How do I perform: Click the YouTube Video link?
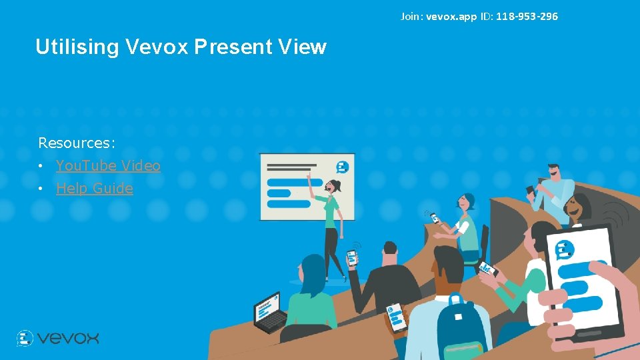pyautogui.click(x=108, y=165)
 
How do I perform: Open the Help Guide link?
pyautogui.click(x=94, y=188)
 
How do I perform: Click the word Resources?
pyautogui.click(x=75, y=143)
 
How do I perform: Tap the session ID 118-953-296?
pyautogui.click(x=527, y=16)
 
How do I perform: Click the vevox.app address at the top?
pyautogui.click(x=451, y=16)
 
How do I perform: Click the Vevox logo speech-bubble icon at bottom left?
pyautogui.click(x=25, y=338)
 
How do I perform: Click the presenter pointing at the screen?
pyautogui.click(x=331, y=220)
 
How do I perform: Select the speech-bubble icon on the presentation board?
pyautogui.click(x=343, y=167)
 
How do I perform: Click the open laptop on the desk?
pyautogui.click(x=269, y=311)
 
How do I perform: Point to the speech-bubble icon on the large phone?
pyautogui.click(x=564, y=249)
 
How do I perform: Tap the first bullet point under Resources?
pyautogui.click(x=41, y=166)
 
